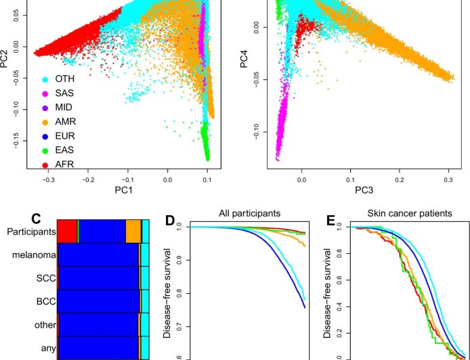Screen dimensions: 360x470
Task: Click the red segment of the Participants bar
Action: (66, 231)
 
